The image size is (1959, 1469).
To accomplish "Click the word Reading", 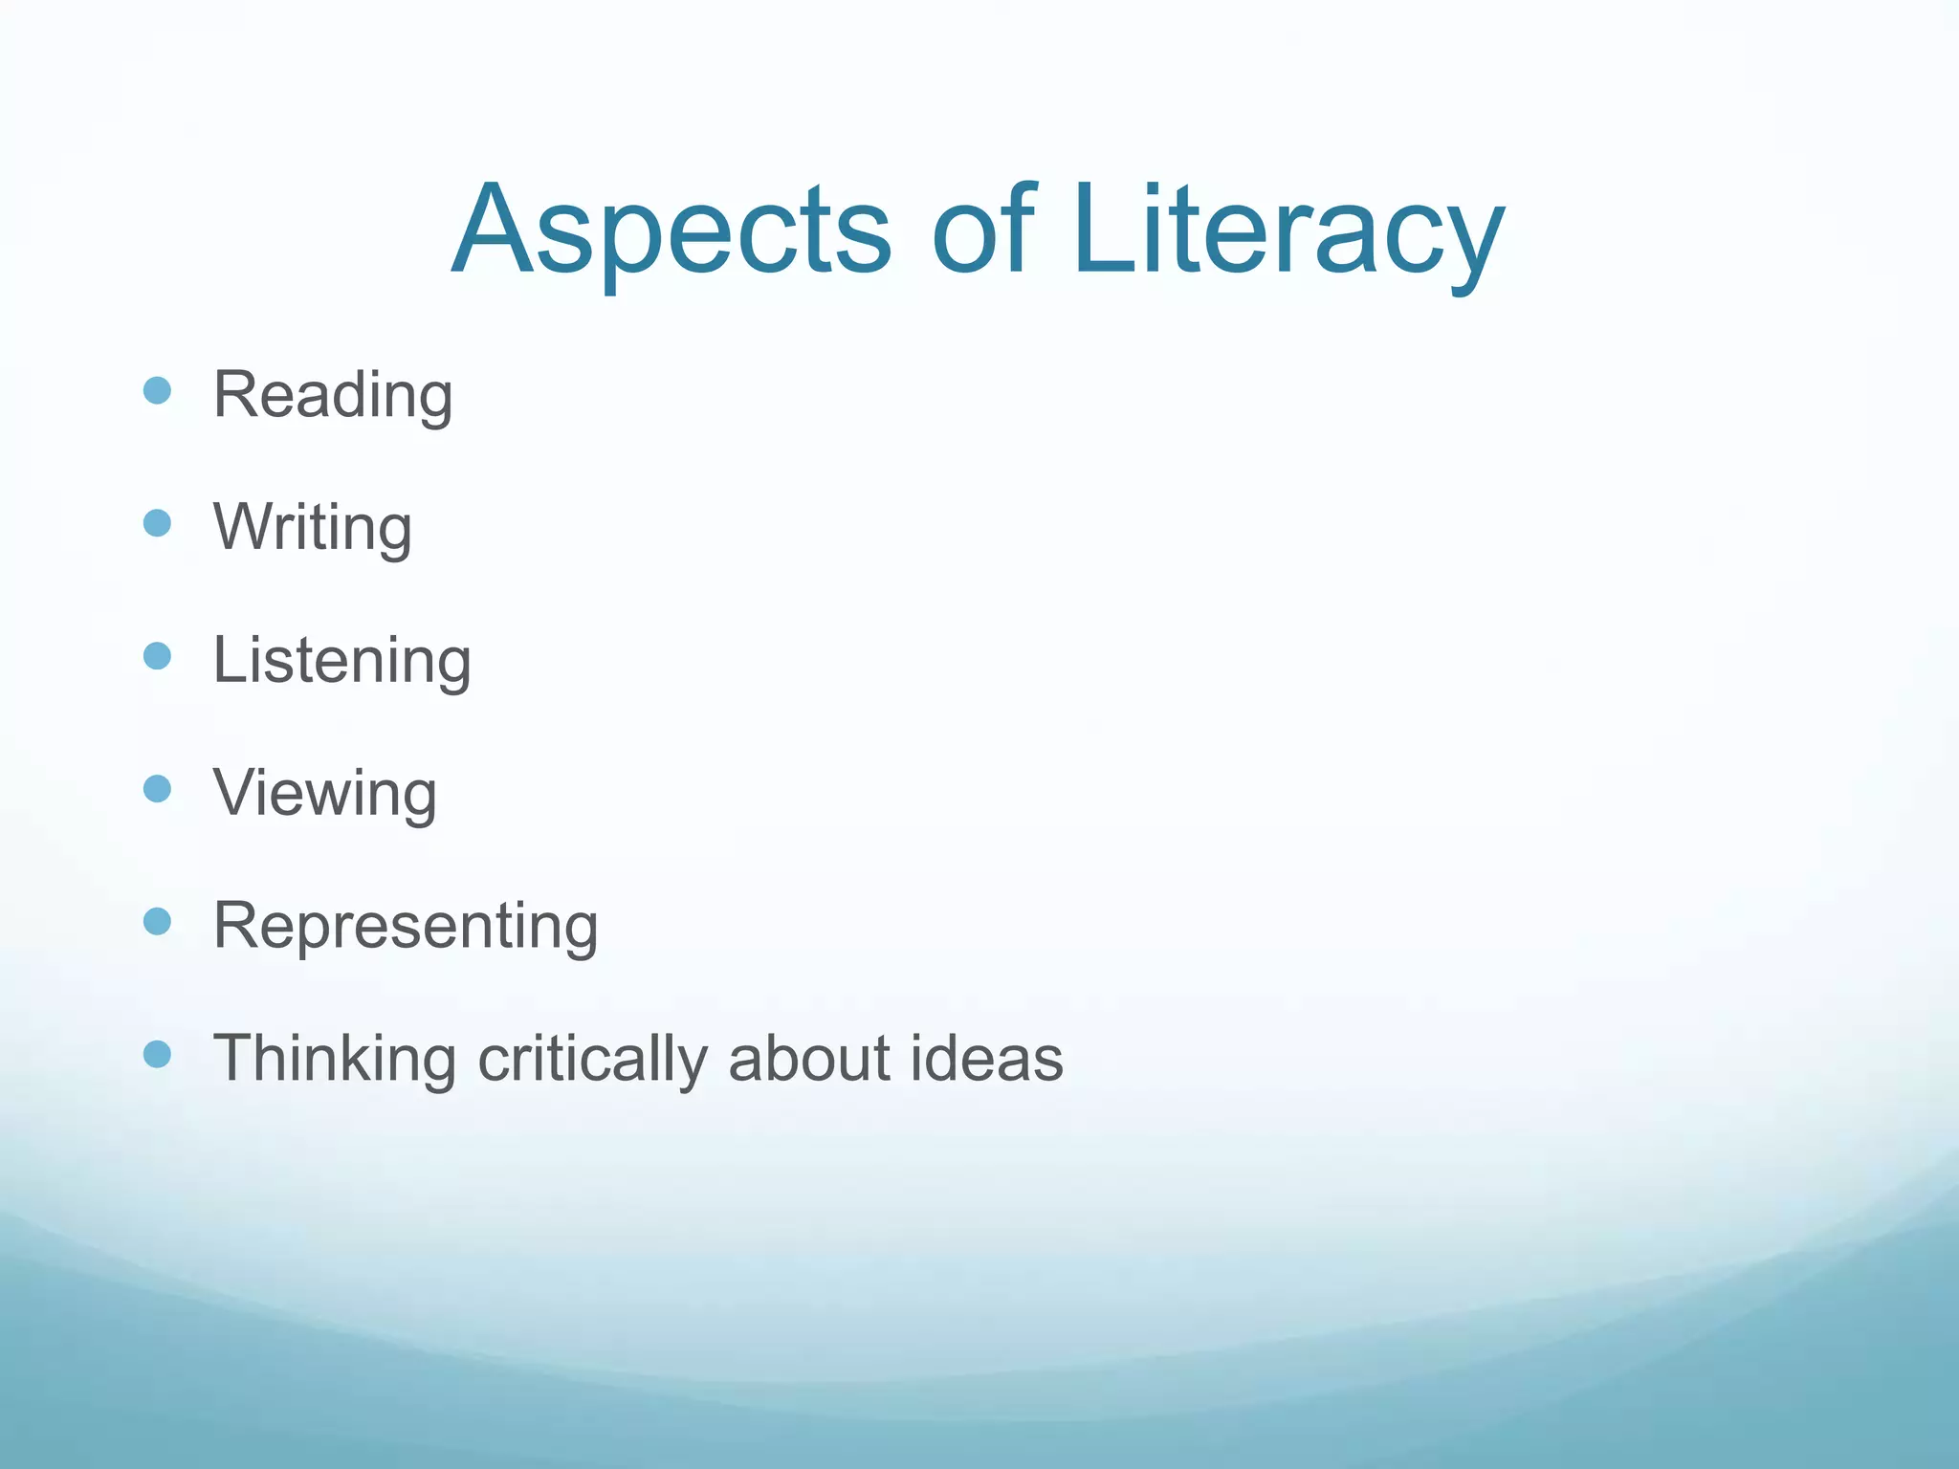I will (332, 395).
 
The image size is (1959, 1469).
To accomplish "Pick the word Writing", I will (313, 528).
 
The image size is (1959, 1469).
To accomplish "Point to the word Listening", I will (341, 661).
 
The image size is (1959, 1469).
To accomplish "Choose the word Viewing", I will (325, 794).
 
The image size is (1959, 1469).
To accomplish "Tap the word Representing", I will (406, 926).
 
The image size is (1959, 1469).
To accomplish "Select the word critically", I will (593, 1060).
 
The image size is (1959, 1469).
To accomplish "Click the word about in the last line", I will (810, 1058).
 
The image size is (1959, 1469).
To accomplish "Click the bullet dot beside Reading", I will (157, 390).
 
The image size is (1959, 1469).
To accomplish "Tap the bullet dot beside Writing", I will (157, 523).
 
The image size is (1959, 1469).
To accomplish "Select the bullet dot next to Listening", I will (157, 656).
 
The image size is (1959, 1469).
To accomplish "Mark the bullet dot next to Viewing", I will (157, 789).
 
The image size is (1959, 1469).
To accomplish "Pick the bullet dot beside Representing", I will (157, 921).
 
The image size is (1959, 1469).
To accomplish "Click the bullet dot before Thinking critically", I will (157, 1054).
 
